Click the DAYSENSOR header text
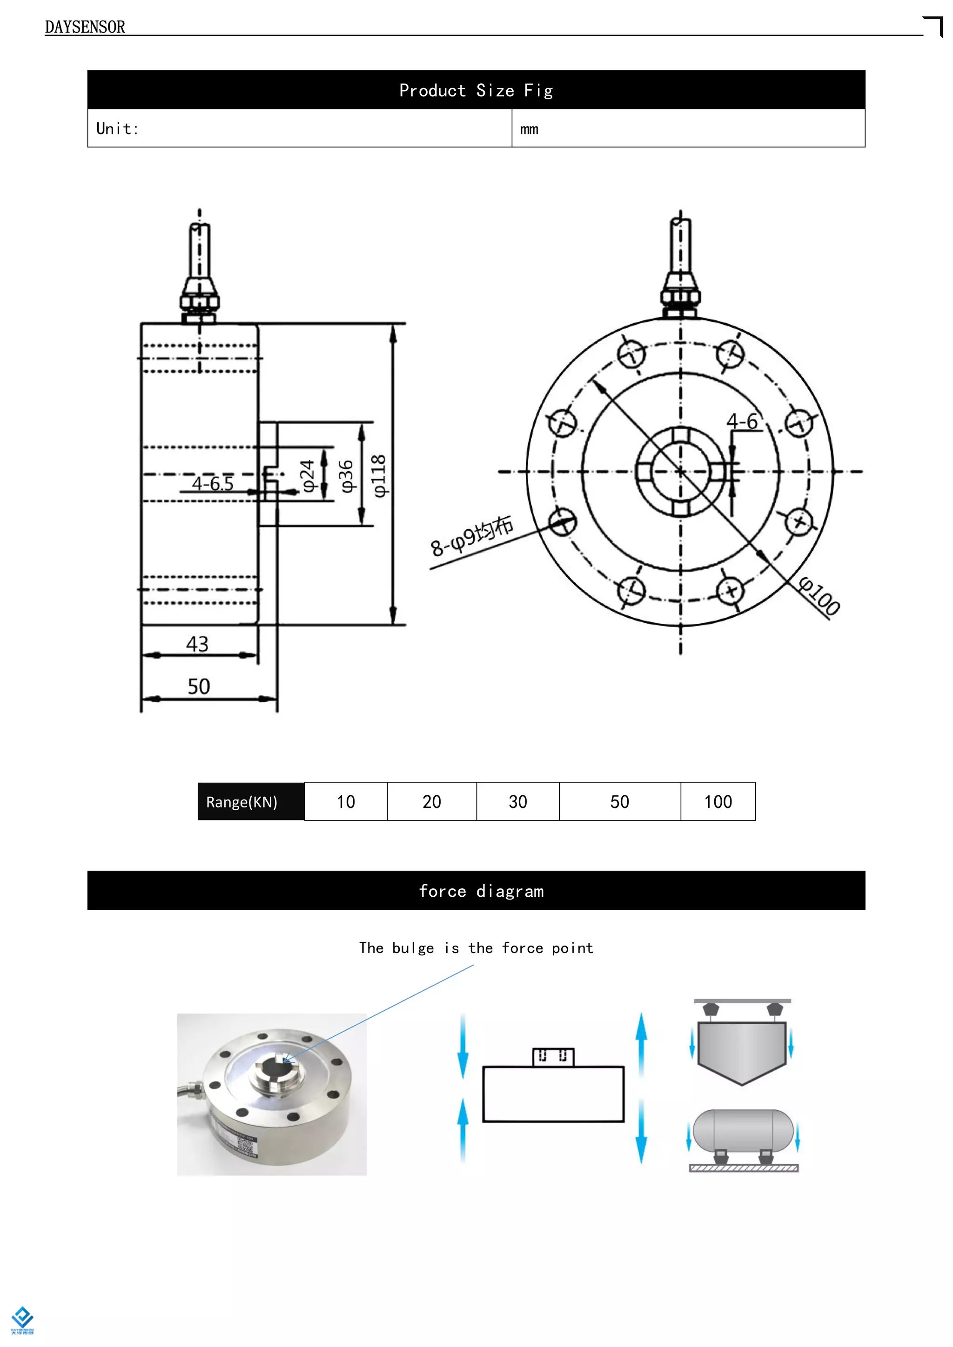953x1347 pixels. tap(85, 27)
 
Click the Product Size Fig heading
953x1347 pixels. tap(476, 90)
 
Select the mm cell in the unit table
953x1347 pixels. tap(529, 129)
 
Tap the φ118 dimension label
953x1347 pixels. tap(379, 476)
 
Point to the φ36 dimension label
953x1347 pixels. tap(346, 476)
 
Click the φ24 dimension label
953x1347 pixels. tap(308, 476)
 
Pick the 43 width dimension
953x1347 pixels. tap(197, 644)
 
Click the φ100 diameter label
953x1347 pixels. tap(819, 596)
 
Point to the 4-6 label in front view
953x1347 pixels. tap(742, 421)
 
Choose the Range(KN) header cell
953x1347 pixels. tap(242, 802)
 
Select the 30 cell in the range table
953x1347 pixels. tap(517, 802)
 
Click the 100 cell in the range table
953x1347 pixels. tap(718, 802)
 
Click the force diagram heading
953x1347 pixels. tap(481, 891)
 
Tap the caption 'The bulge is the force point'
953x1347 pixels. tap(476, 948)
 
